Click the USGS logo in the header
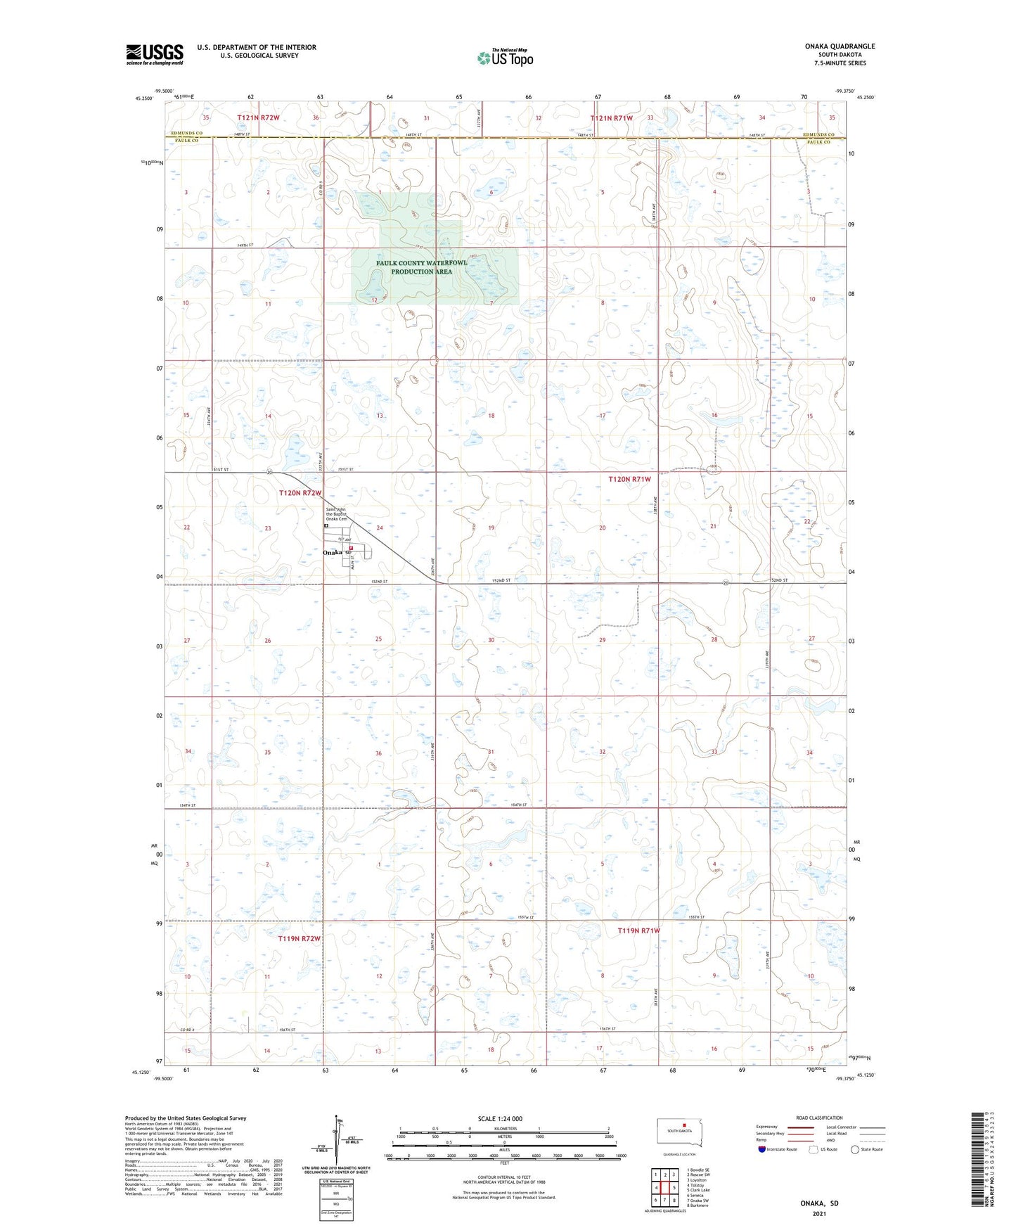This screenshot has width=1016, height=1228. [155, 54]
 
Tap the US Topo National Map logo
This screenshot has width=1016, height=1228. [505, 58]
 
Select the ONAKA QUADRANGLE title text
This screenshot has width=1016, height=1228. [840, 46]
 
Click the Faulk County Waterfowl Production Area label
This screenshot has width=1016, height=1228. [421, 267]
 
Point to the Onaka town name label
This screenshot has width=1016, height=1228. [332, 553]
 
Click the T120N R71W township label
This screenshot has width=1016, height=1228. [629, 479]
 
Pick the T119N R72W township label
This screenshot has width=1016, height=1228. [300, 939]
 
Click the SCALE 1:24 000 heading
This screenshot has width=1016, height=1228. [500, 1119]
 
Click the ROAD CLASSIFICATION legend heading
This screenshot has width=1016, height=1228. [819, 1118]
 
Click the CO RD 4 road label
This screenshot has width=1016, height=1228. [186, 1030]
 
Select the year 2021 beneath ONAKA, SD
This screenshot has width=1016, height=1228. [819, 1213]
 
